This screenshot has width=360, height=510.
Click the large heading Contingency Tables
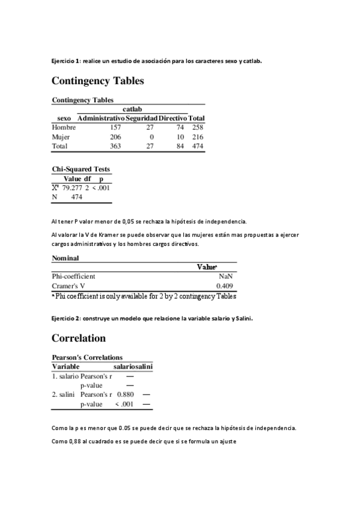coord(98,80)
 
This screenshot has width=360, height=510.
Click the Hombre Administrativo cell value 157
coord(115,127)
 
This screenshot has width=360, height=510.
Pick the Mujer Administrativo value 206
coord(115,137)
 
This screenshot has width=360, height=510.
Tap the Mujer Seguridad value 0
coord(151,137)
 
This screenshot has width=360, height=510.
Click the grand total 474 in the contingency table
coord(198,146)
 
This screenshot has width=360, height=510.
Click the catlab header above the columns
coord(132,109)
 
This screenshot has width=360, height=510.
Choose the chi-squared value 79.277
coord(72,188)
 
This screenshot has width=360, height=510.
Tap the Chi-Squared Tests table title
coord(81,169)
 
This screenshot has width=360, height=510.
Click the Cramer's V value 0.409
coord(225,286)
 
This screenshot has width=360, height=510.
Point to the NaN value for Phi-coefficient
coord(226,276)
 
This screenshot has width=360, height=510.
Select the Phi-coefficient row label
coord(74,276)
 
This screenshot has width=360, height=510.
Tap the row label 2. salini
coord(64,395)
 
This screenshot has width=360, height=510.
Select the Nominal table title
coord(66,257)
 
